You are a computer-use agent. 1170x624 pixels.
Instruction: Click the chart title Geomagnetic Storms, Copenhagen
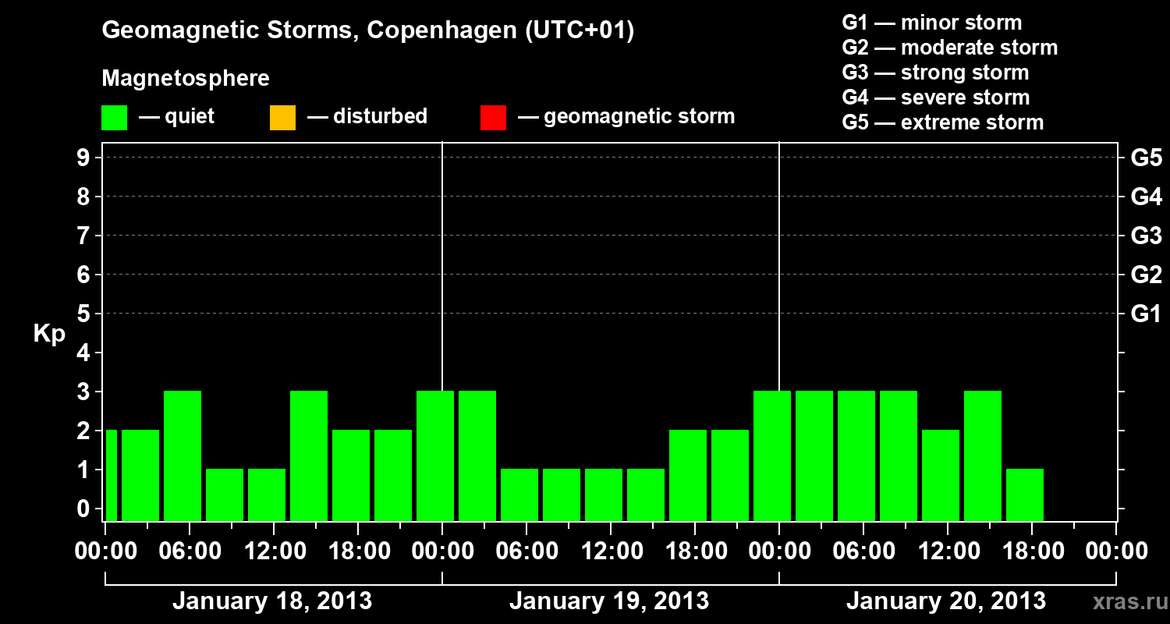click(367, 30)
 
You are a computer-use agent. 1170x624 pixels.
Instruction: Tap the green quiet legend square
click(115, 117)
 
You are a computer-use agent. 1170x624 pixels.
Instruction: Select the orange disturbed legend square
click(282, 117)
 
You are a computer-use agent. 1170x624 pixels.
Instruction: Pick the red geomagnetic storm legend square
click(493, 117)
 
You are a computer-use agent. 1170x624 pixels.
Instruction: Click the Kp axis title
click(49, 334)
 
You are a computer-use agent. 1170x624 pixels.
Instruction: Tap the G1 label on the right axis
click(1146, 314)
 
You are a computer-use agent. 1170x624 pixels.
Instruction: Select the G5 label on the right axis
click(1146, 158)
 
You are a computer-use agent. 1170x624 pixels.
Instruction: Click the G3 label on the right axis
click(1146, 236)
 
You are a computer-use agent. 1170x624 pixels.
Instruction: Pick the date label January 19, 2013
click(608, 601)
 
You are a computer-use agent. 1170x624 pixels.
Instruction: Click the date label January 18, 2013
click(271, 601)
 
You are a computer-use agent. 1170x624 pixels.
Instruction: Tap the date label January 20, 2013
click(945, 601)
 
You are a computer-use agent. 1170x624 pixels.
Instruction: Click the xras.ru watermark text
click(1127, 601)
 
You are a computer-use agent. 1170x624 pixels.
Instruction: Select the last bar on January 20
click(1024, 495)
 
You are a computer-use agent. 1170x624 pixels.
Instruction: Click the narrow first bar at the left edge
click(111, 475)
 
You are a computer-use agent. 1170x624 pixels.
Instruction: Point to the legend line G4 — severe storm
click(936, 97)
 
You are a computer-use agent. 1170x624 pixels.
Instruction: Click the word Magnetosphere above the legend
click(186, 79)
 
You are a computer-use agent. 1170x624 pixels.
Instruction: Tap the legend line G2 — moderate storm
click(949, 48)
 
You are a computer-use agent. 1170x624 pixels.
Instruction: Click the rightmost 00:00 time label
click(1115, 551)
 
